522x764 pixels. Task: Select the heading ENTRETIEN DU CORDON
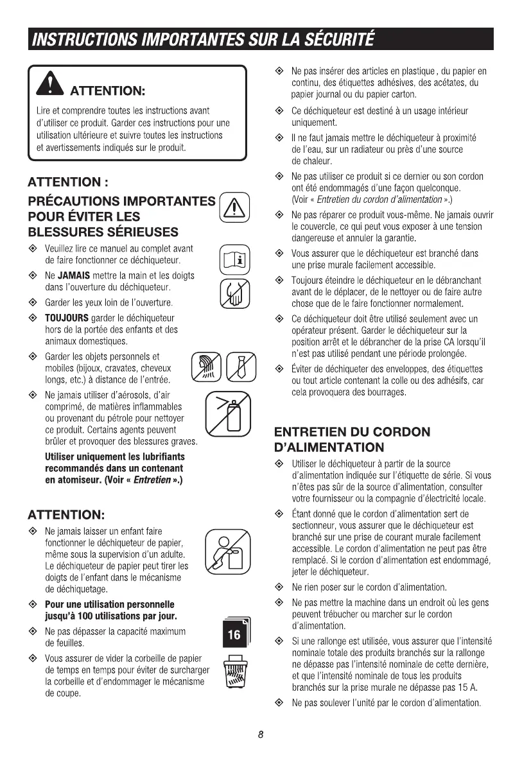point(352,432)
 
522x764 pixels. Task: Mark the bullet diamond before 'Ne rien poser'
point(278,587)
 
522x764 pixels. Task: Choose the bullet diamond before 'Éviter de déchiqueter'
point(278,369)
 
